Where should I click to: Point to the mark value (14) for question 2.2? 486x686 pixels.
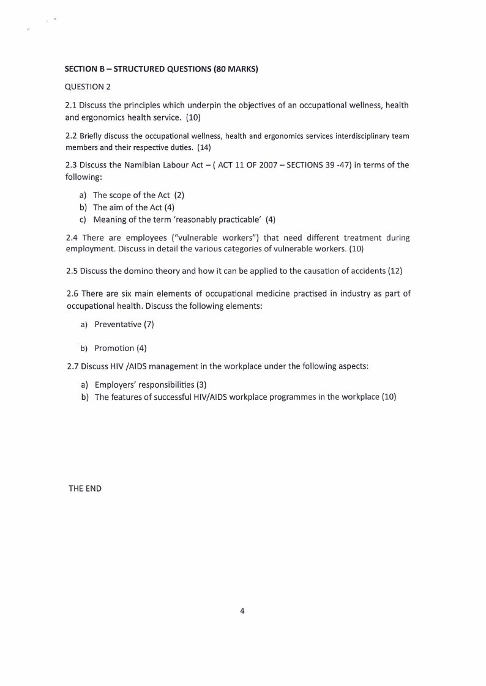point(204,147)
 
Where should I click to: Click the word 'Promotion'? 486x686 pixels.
point(114,348)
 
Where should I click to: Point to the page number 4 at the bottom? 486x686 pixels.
point(242,610)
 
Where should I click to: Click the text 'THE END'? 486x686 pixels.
point(85,489)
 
